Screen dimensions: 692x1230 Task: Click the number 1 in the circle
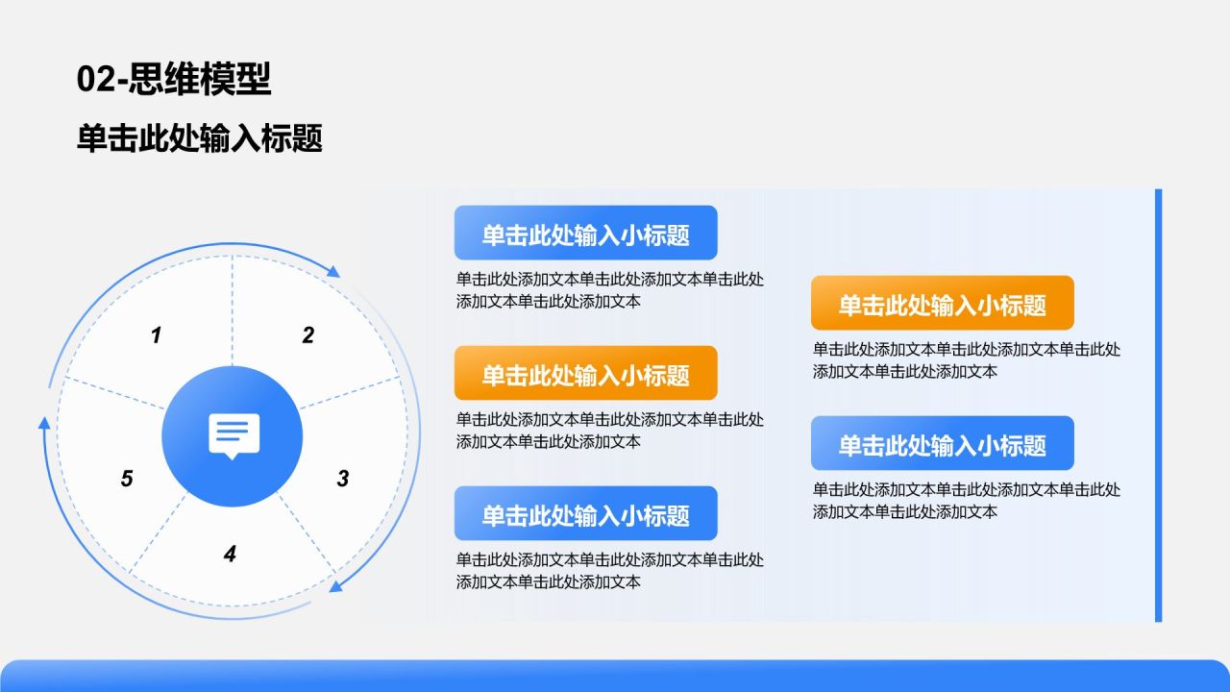click(157, 335)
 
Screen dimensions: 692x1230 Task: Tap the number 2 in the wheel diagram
click(308, 335)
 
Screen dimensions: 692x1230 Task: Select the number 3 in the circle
click(343, 479)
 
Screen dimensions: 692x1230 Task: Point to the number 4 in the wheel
click(230, 554)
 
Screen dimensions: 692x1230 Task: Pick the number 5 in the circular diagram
click(127, 479)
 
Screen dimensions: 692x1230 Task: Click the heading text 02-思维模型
click(174, 79)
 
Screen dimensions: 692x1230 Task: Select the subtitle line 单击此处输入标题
click(200, 138)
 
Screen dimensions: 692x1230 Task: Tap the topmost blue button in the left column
click(585, 233)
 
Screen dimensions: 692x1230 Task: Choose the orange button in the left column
click(585, 373)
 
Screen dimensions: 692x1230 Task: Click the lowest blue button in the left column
click(585, 513)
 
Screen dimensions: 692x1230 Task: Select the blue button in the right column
click(942, 443)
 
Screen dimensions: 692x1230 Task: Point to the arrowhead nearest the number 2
click(333, 272)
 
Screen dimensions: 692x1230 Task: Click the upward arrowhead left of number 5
click(43, 422)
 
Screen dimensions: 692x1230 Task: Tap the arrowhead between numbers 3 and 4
click(335, 585)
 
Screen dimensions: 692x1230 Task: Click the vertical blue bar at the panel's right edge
click(1158, 405)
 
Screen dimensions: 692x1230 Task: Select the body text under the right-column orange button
click(966, 360)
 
